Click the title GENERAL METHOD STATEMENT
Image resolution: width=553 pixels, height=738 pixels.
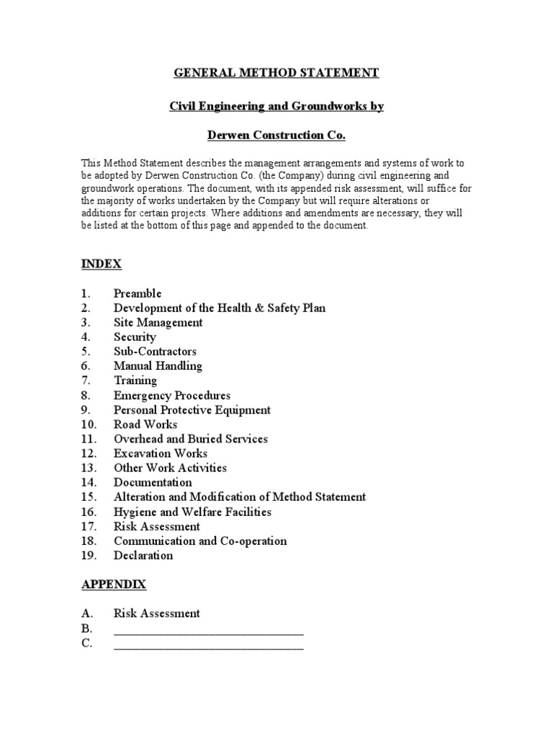coord(276,73)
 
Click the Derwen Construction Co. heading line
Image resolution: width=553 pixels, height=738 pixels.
coord(276,135)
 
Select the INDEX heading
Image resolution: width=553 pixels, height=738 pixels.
coord(101,264)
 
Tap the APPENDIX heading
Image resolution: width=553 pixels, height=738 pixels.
coord(113,584)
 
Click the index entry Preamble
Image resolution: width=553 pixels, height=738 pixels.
coord(138,293)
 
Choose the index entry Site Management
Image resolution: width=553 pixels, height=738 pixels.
coord(158,323)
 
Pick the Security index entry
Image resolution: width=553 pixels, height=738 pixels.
coord(135,337)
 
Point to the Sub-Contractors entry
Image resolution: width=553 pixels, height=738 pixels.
coord(155,352)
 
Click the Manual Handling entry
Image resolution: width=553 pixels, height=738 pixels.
coord(158,366)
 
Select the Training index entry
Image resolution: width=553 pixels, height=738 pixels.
coord(135,381)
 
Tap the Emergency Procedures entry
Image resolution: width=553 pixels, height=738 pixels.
coord(172,396)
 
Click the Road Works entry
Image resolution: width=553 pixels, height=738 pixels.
coord(145,424)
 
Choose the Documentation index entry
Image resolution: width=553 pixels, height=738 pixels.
coord(153,482)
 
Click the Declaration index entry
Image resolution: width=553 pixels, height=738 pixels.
coord(143,555)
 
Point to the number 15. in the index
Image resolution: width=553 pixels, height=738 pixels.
coord(89,497)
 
